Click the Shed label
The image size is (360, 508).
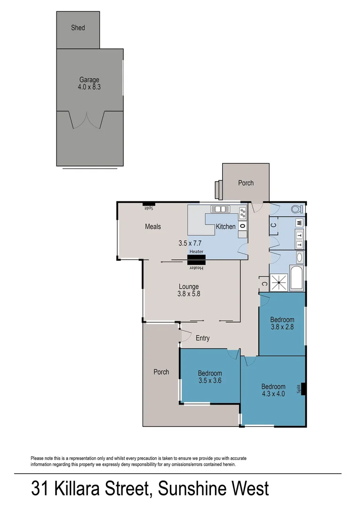(x=78, y=28)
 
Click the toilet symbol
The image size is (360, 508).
(x=296, y=209)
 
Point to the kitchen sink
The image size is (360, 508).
(x=219, y=209)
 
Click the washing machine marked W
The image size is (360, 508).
(x=298, y=222)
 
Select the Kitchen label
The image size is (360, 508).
(x=225, y=227)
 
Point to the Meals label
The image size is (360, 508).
(x=153, y=227)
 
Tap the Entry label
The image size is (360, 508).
(x=202, y=338)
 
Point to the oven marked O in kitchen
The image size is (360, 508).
(x=242, y=226)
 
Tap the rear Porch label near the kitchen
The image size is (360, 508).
(x=246, y=183)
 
